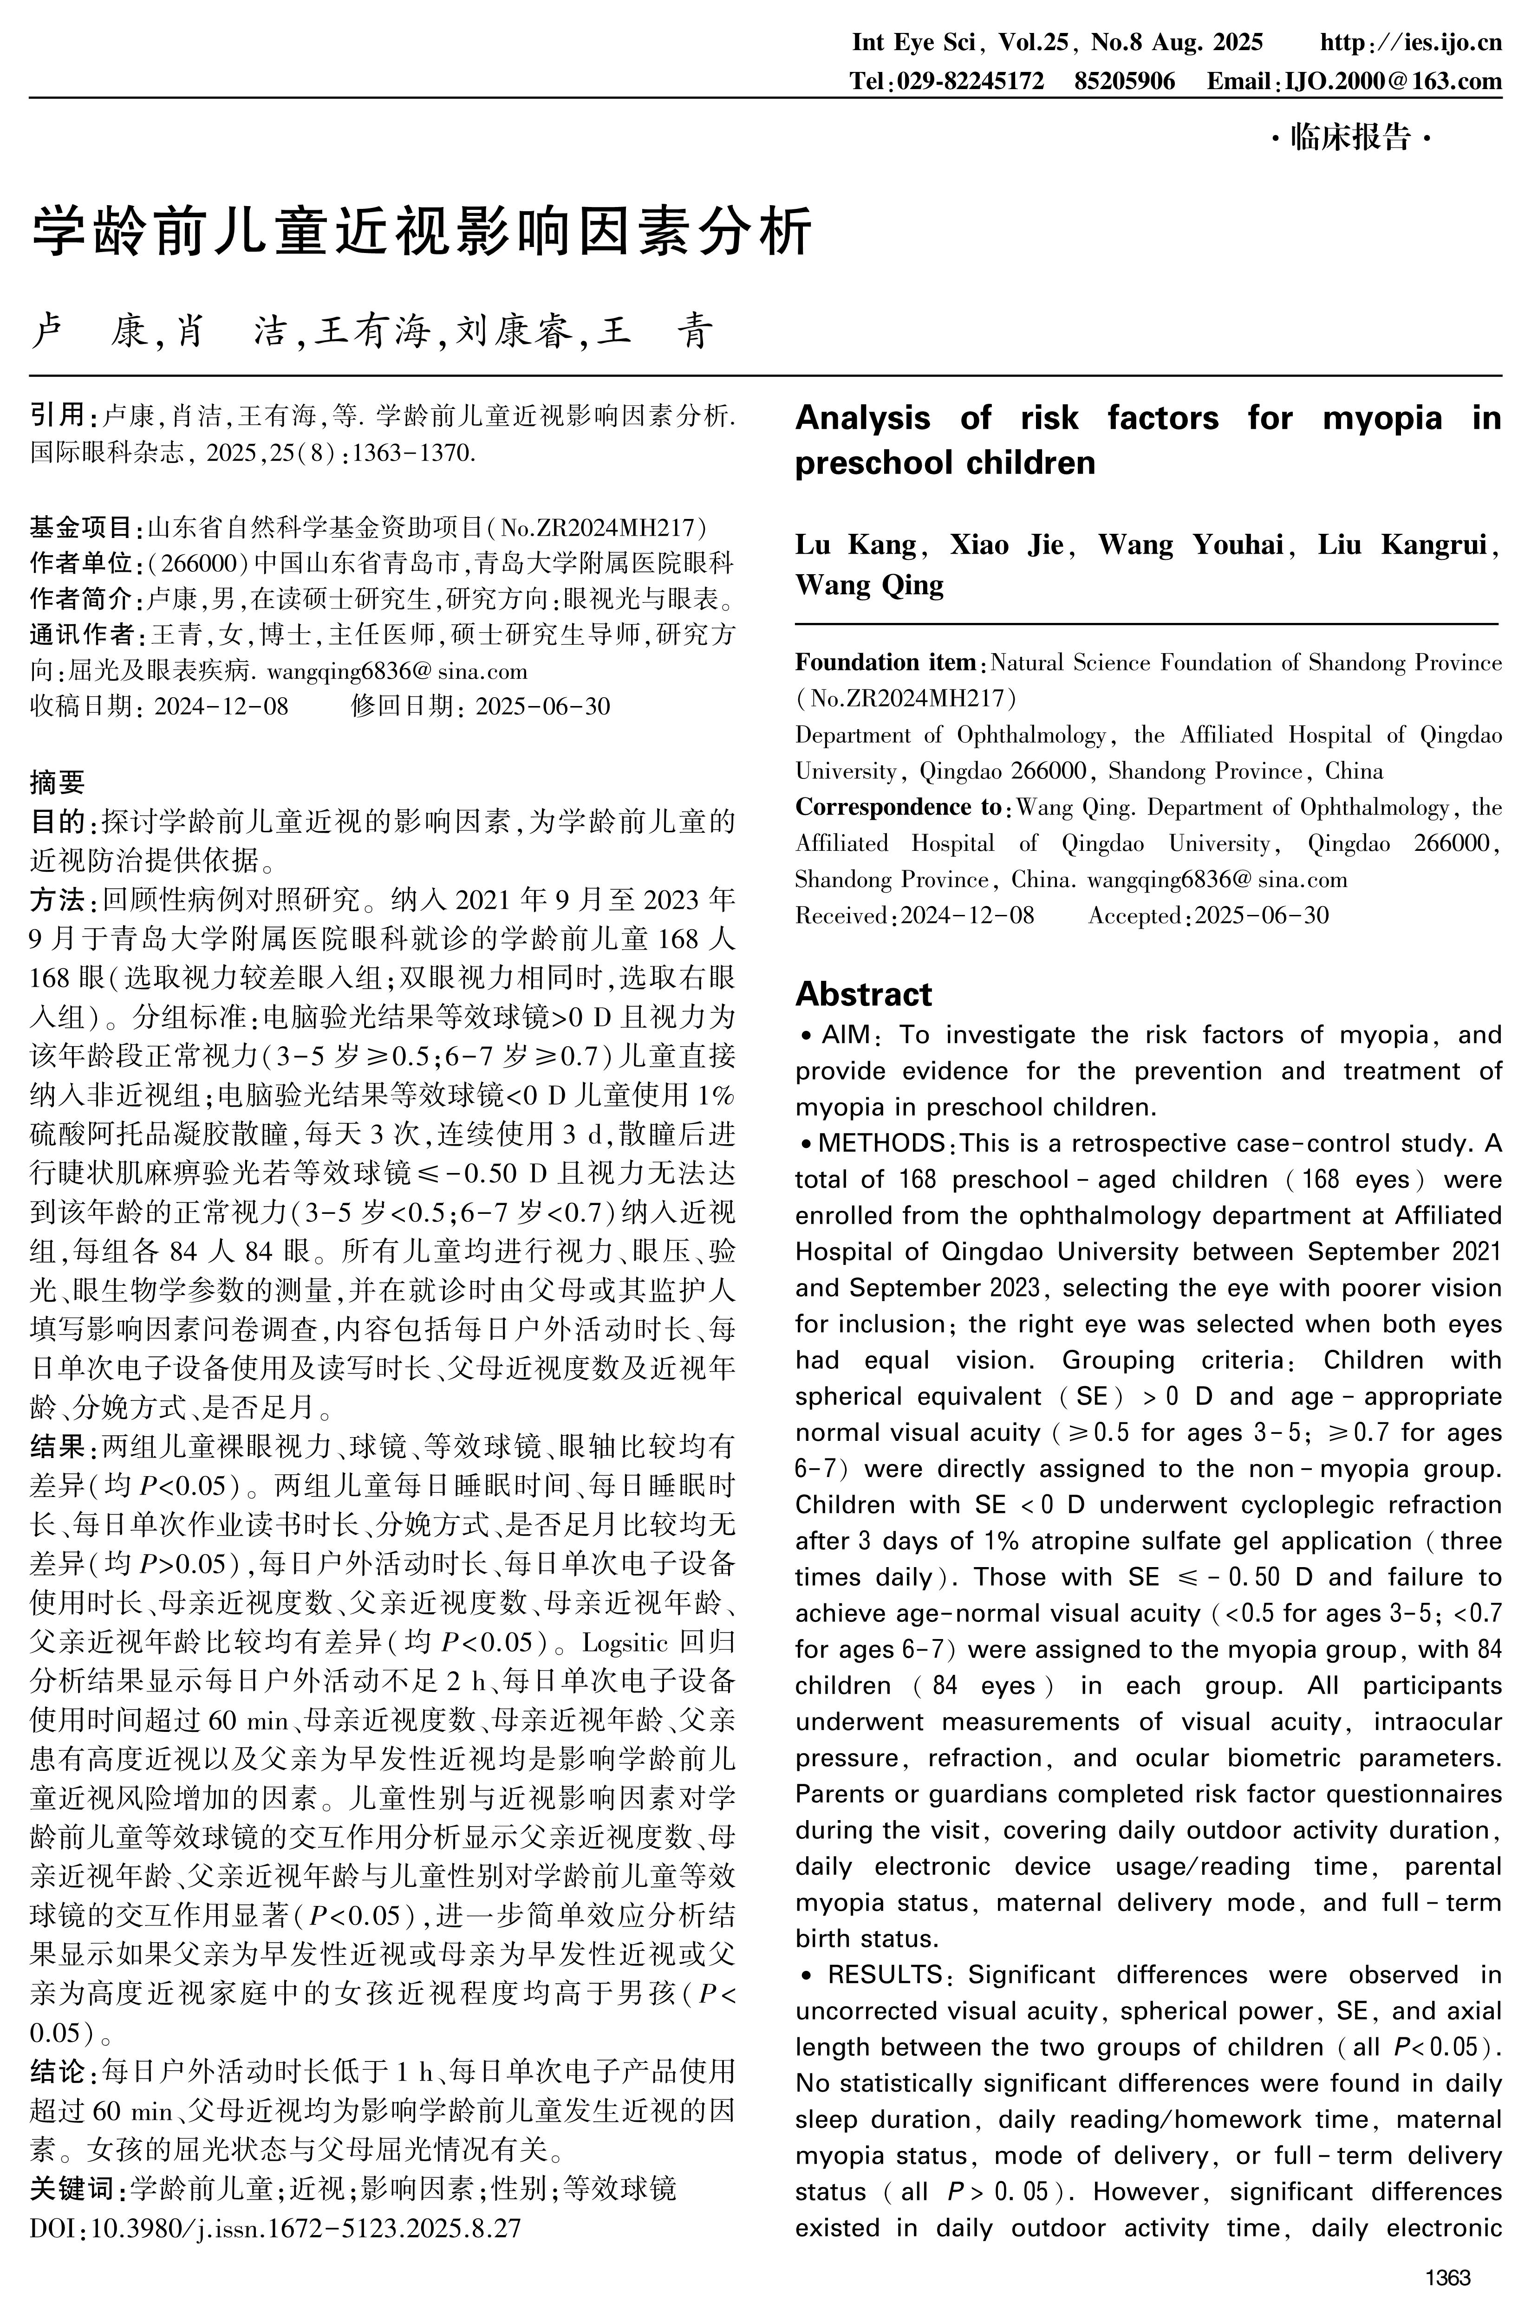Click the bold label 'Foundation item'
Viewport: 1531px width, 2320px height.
(x=886, y=663)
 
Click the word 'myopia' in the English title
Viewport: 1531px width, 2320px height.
(x=1381, y=418)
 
